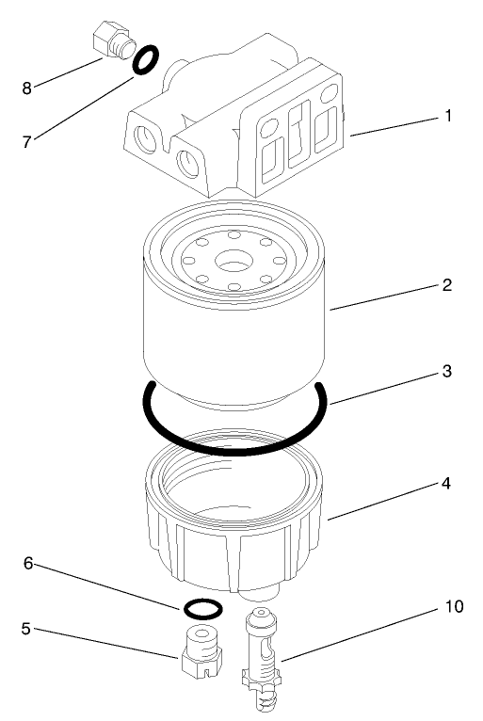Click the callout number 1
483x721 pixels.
click(x=448, y=117)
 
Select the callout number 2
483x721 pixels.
click(x=448, y=284)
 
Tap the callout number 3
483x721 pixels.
click(x=448, y=371)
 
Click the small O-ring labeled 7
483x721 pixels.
click(x=143, y=61)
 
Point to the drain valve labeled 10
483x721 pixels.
click(x=263, y=659)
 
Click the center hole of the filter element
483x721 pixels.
click(x=231, y=260)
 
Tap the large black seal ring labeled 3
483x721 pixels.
click(x=235, y=448)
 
